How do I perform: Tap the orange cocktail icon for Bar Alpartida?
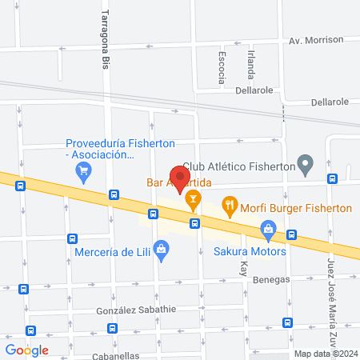tap(192, 198)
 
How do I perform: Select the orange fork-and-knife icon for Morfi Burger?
tap(230, 206)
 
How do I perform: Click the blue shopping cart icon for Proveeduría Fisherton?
tap(82, 170)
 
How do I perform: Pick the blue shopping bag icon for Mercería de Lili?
tap(162, 250)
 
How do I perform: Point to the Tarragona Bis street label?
tap(104, 39)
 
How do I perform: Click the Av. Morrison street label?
tap(316, 39)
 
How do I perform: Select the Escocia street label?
tap(222, 67)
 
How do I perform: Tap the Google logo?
tap(27, 350)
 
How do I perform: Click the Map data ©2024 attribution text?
tap(323, 354)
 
